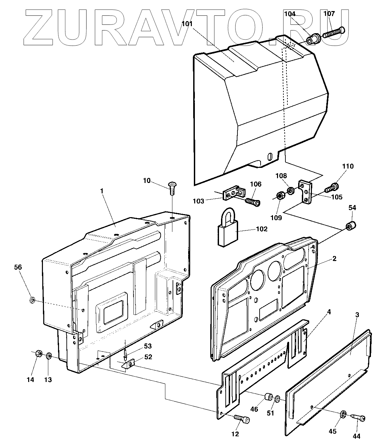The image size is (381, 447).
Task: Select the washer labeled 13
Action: [49, 355]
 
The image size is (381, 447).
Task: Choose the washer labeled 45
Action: [343, 414]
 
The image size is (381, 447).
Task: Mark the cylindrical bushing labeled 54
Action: [350, 226]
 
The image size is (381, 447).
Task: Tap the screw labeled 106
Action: [253, 202]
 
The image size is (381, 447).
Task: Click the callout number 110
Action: [348, 166]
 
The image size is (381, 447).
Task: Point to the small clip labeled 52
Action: [129, 364]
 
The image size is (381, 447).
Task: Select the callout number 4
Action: [329, 312]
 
